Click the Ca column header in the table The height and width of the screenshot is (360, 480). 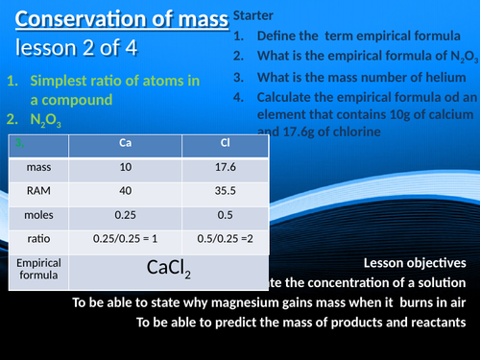tap(126, 144)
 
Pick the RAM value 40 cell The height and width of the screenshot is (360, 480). tap(126, 191)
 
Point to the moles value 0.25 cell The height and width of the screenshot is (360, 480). tap(126, 214)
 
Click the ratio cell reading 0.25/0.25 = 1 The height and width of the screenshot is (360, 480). tap(126, 238)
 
